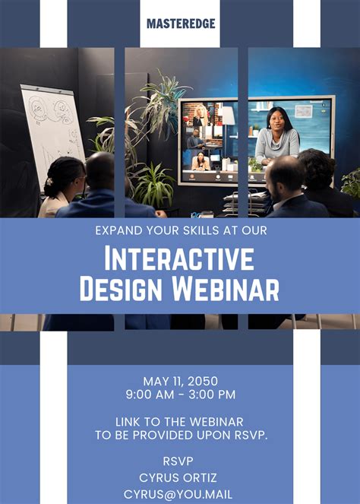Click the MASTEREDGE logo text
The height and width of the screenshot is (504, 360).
(x=180, y=24)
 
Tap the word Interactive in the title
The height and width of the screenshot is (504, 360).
(x=180, y=259)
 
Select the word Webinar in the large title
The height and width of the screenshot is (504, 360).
(x=228, y=289)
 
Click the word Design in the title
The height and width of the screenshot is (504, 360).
(x=126, y=289)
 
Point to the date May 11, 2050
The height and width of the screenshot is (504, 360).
(x=180, y=381)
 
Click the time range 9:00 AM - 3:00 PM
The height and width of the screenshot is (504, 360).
(x=180, y=395)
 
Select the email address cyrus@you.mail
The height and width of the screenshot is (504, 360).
(x=180, y=494)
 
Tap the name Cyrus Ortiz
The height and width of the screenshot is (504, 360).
(x=180, y=477)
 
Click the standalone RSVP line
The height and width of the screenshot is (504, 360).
(x=180, y=461)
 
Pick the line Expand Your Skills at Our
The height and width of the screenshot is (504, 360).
(x=180, y=230)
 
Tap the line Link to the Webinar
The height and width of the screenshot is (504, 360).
(x=180, y=421)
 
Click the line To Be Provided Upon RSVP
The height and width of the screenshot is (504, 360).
(x=180, y=435)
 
